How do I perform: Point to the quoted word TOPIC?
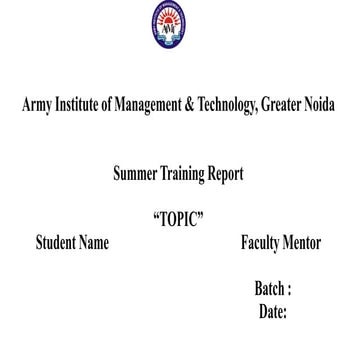pyautogui.click(x=179, y=220)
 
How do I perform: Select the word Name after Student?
pyautogui.click(x=95, y=243)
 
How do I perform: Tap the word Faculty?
pyautogui.click(x=263, y=243)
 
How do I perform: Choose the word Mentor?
pyautogui.click(x=305, y=243)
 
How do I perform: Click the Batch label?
pyautogui.click(x=271, y=288)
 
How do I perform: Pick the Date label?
pyautogui.click(x=272, y=311)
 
